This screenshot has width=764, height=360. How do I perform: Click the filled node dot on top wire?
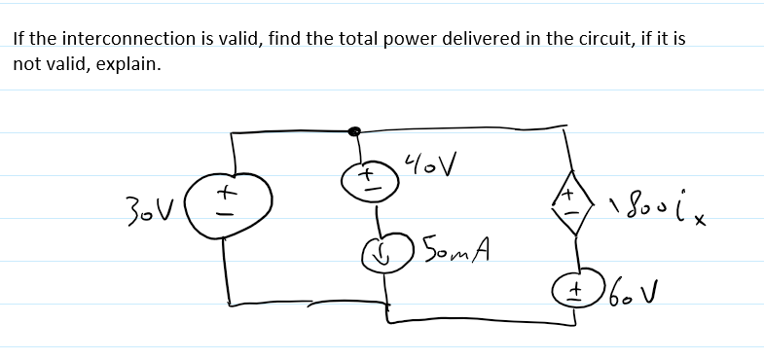point(355,130)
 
